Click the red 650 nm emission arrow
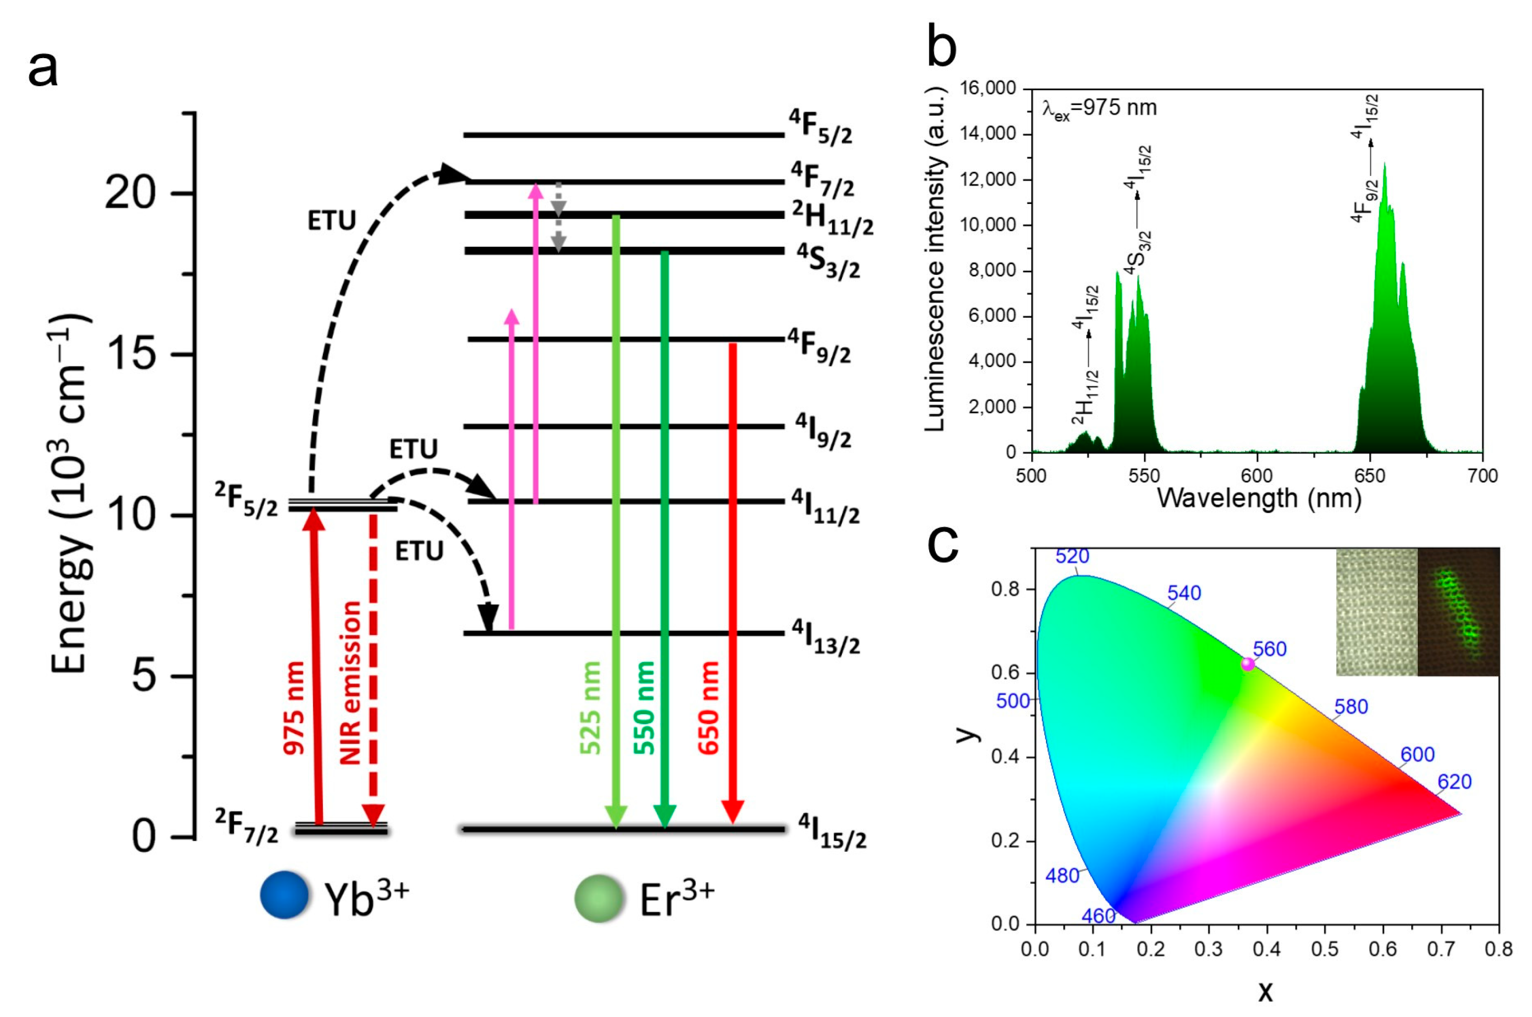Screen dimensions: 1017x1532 tap(733, 584)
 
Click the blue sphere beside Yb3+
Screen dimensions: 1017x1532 tap(284, 895)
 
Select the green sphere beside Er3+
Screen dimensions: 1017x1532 tap(598, 898)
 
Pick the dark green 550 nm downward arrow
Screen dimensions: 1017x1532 tap(664, 538)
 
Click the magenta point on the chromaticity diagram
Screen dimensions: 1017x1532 tap(1247, 664)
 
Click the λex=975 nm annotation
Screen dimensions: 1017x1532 tap(1099, 108)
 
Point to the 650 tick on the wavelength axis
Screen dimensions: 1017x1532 tap(1369, 475)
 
